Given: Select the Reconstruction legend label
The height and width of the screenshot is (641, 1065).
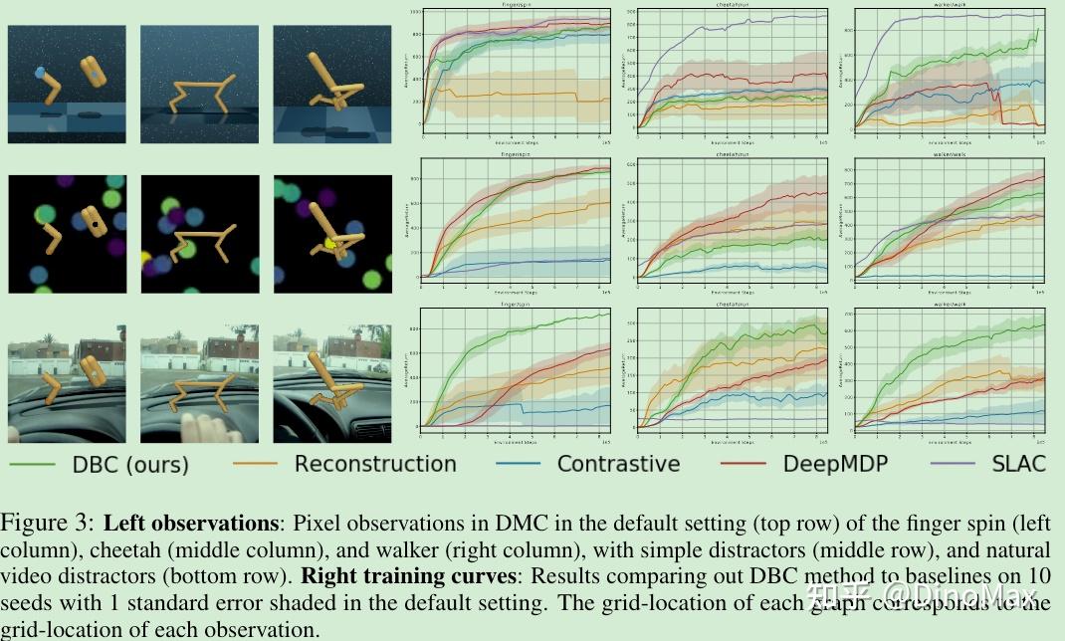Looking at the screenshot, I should coord(374,464).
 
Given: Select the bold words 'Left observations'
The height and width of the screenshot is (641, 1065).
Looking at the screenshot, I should coord(192,524).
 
